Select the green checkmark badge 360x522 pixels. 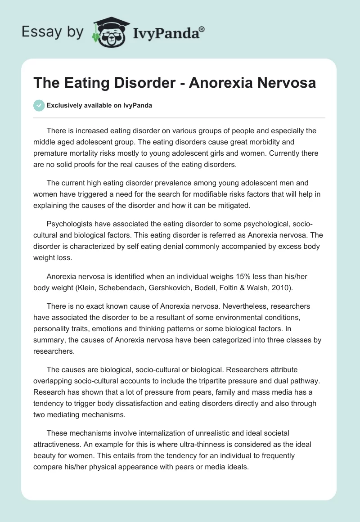[39, 105]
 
